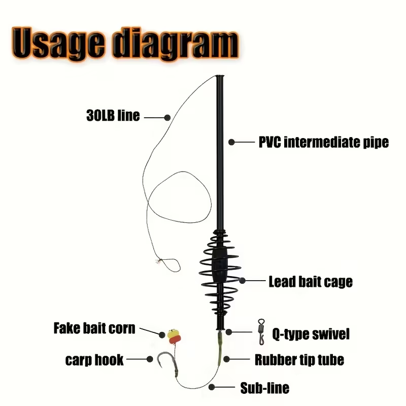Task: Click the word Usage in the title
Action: tap(59, 43)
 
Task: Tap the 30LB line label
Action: tap(113, 116)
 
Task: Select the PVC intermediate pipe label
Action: tap(324, 142)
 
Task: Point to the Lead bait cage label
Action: tap(311, 282)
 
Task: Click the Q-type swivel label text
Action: tap(311, 334)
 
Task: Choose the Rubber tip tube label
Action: tap(299, 360)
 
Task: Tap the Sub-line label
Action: tap(264, 388)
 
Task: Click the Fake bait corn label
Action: tap(94, 328)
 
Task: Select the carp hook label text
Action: tap(94, 360)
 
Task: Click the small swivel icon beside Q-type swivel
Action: tap(261, 332)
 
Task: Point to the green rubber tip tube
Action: tap(220, 347)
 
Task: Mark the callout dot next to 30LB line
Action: tap(167, 118)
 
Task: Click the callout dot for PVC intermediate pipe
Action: tap(232, 142)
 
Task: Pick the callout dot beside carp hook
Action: tap(150, 359)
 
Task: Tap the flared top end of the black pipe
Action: tap(220, 77)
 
